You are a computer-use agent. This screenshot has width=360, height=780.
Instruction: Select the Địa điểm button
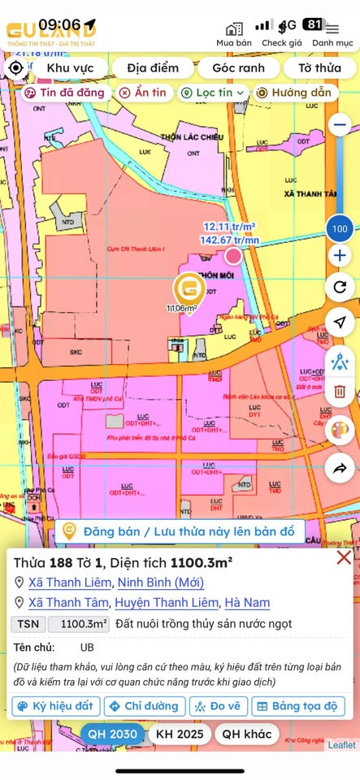[x=153, y=67]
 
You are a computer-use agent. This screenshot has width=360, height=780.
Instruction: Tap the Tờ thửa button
[x=319, y=67]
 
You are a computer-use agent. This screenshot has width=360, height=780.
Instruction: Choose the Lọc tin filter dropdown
[x=214, y=93]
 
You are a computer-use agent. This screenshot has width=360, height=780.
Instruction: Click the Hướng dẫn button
[x=293, y=93]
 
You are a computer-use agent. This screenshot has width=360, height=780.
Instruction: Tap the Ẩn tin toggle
[x=143, y=93]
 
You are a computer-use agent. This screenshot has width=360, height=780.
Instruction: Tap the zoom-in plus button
[x=340, y=256]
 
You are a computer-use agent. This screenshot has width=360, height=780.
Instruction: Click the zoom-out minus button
[x=340, y=125]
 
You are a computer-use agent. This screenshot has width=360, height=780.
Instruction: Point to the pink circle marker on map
[x=233, y=257]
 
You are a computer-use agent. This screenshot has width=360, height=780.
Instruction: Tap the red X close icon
[x=344, y=557]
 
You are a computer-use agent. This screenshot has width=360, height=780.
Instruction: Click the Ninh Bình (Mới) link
[x=161, y=582]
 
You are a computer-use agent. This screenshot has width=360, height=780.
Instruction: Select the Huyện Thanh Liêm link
[x=167, y=602]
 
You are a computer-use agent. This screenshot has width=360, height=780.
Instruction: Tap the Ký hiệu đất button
[x=56, y=706]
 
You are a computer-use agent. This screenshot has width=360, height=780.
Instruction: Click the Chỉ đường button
[x=143, y=706]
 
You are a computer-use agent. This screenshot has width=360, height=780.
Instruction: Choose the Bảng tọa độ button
[x=299, y=706]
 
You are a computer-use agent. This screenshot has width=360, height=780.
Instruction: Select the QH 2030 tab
[x=111, y=734]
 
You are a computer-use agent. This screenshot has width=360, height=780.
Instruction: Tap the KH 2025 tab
[x=179, y=734]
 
